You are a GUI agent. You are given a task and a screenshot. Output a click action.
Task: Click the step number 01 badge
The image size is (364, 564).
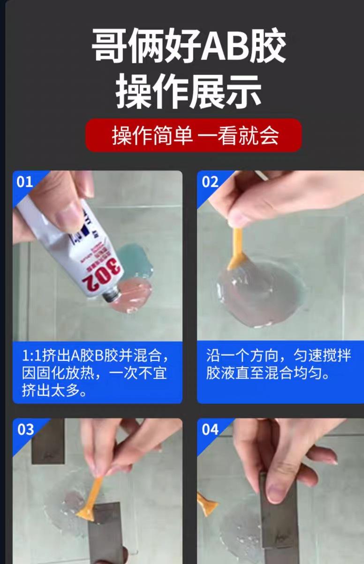pyautogui.click(x=24, y=182)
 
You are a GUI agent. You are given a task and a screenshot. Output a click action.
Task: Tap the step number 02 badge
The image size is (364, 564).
pyautogui.click(x=210, y=182)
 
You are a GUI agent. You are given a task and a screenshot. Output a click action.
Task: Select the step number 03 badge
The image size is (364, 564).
pyautogui.click(x=25, y=430)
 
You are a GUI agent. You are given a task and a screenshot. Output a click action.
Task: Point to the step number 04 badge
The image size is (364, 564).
pyautogui.click(x=210, y=430)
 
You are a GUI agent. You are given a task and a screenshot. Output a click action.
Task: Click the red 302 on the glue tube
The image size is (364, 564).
pyautogui.click(x=102, y=275)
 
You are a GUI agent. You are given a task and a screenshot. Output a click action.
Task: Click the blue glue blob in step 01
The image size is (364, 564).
pyautogui.click(x=135, y=262)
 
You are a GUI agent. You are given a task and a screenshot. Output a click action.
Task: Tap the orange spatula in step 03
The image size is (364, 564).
pyautogui.click(x=91, y=501)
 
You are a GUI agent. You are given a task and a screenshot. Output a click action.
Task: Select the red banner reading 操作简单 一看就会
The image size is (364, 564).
pyautogui.click(x=193, y=135)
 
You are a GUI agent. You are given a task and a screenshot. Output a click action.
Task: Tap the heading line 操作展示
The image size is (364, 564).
pyautogui.click(x=189, y=92)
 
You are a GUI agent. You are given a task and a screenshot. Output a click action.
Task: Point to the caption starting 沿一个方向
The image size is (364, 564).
pyautogui.click(x=278, y=364)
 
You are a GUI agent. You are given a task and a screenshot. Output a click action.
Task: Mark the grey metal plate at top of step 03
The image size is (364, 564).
pyautogui.click(x=48, y=441)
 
